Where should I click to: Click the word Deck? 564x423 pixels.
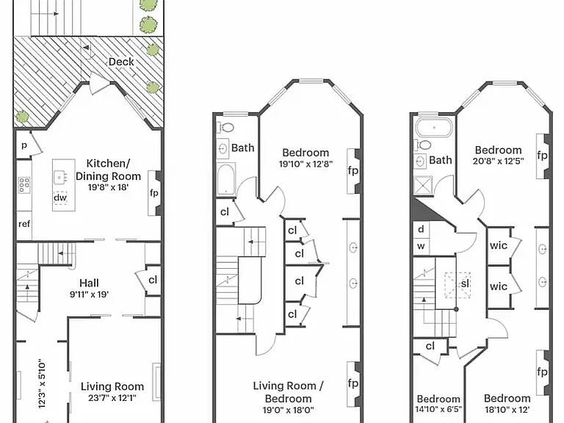[121, 62]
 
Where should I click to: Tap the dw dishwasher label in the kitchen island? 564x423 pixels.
[60, 198]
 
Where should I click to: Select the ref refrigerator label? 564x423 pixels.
[24, 224]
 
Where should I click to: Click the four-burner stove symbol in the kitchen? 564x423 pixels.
[24, 185]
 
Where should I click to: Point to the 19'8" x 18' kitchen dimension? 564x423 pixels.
[108, 187]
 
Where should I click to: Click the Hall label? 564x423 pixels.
[89, 283]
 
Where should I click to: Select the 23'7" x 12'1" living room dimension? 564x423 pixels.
[112, 398]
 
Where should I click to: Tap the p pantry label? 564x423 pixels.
[24, 145]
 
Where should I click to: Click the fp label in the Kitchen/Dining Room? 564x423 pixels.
[154, 193]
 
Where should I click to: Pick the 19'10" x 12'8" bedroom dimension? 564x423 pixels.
[305, 164]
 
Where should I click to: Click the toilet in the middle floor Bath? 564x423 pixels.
[226, 127]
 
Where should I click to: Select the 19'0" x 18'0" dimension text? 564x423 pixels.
[288, 410]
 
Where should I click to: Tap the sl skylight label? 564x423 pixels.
[465, 283]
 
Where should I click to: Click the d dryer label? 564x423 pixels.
[422, 229]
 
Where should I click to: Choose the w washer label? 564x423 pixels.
[421, 247]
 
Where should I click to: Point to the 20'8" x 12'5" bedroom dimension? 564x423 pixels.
[498, 161]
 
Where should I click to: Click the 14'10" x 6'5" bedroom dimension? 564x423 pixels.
[438, 409]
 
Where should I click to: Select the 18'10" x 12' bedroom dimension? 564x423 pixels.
[507, 409]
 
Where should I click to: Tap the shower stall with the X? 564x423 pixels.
[423, 186]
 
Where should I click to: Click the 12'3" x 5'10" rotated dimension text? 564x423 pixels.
[42, 383]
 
